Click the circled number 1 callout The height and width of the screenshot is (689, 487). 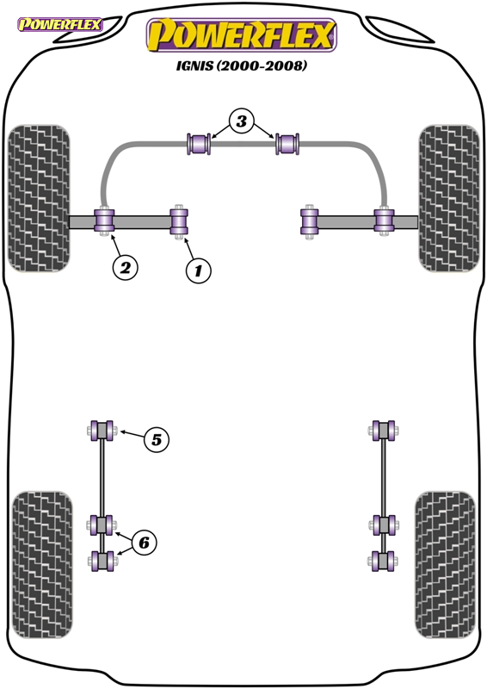(x=198, y=270)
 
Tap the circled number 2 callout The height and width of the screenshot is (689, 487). (x=125, y=267)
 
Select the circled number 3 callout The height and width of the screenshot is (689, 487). (x=242, y=121)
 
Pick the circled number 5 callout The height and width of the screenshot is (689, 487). (x=157, y=439)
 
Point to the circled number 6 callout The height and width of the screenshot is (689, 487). (x=144, y=543)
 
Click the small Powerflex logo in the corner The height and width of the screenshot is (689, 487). (x=59, y=24)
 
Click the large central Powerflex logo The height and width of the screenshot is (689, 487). (x=242, y=35)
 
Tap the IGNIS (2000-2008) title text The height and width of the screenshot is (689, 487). (x=242, y=66)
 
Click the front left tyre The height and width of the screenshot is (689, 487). (x=39, y=198)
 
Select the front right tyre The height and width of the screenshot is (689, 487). (x=449, y=198)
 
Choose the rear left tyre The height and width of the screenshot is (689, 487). (x=42, y=565)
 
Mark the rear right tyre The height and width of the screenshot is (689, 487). (x=445, y=565)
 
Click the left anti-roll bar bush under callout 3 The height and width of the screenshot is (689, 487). (x=199, y=144)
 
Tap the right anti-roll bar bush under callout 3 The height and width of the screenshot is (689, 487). (x=287, y=144)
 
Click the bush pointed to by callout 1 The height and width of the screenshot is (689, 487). (x=179, y=222)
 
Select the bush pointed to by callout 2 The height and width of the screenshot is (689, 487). (x=104, y=221)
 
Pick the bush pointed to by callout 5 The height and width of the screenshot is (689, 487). (x=102, y=430)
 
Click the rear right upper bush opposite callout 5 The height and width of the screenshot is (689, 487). (x=384, y=430)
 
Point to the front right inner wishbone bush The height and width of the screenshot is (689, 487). (x=310, y=222)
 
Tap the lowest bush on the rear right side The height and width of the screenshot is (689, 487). (x=384, y=562)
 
